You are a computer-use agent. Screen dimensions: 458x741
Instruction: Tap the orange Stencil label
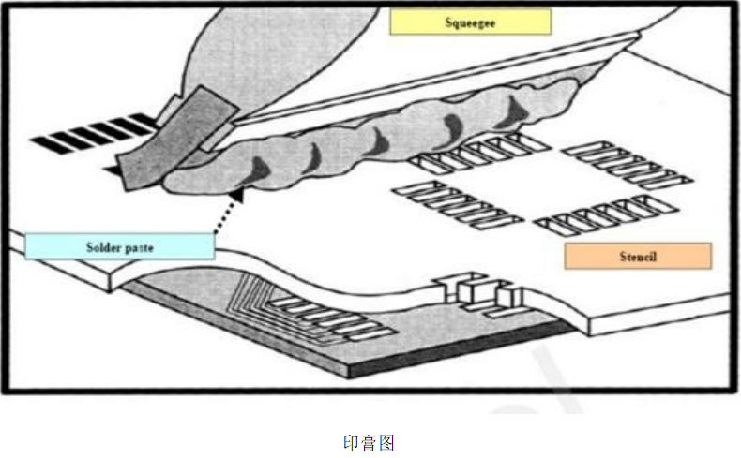tap(638, 255)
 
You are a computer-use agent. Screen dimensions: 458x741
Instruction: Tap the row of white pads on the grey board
tap(333, 317)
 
